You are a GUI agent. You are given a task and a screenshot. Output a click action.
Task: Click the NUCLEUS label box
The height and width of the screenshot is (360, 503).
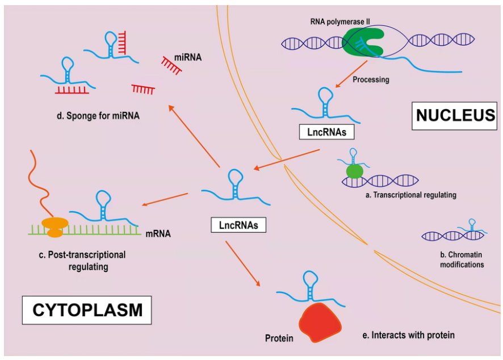[x=455, y=115]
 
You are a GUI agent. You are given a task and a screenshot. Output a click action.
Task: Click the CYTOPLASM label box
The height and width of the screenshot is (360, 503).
[x=87, y=310]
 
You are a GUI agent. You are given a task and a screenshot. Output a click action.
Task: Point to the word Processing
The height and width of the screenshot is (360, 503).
[x=371, y=79]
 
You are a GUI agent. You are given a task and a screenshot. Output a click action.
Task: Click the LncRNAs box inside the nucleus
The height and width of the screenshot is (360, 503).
[x=326, y=132]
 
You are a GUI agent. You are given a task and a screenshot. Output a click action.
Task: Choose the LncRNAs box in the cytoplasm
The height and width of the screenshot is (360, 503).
[x=238, y=225]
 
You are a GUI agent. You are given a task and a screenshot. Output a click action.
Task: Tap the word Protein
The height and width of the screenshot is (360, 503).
[x=279, y=338]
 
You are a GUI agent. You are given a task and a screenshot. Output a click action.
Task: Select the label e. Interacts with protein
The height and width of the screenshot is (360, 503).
[x=408, y=335]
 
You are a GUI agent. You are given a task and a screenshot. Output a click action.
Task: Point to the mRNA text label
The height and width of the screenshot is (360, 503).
[x=158, y=233]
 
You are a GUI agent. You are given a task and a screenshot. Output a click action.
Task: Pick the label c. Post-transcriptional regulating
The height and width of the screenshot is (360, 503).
[x=82, y=260]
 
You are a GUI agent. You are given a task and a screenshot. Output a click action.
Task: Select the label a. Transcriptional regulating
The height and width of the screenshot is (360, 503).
[x=411, y=195]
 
